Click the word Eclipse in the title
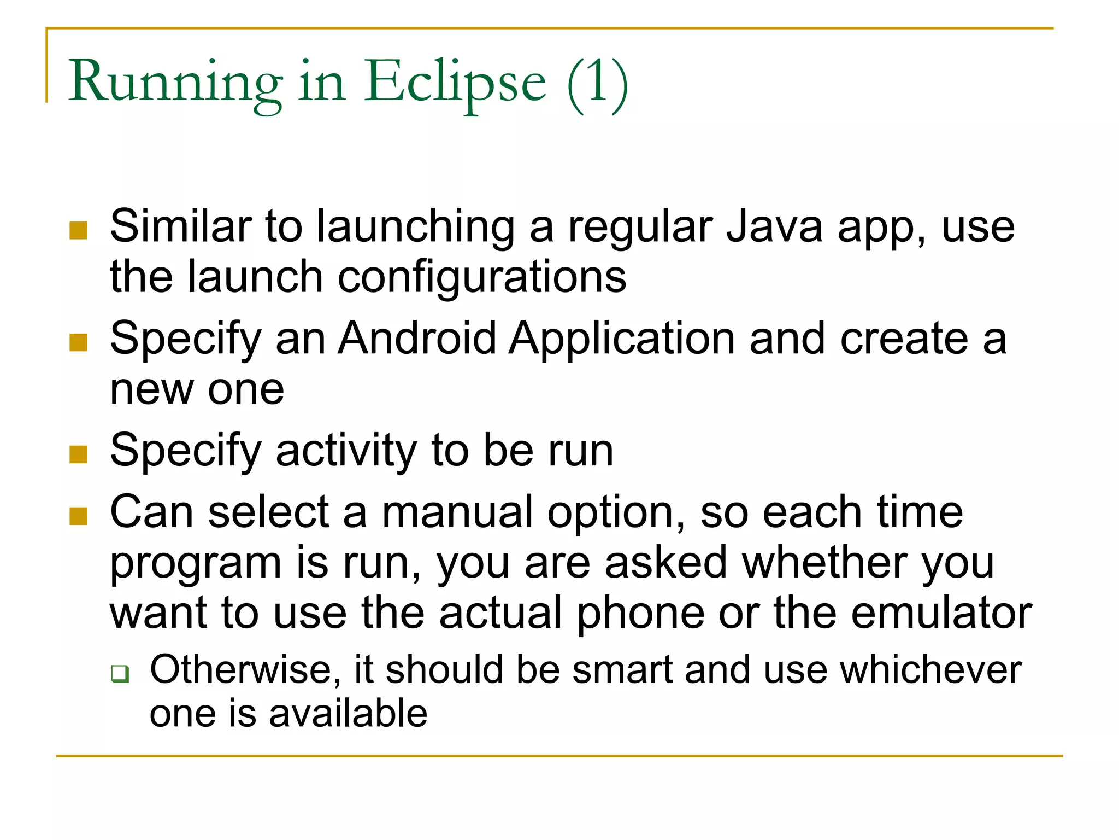pos(455,82)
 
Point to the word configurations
pos(482,277)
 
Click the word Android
pos(417,339)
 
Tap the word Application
pos(622,339)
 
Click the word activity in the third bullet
pos(346,451)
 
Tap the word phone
pos(641,613)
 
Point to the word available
pos(348,714)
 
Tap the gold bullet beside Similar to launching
pos(79,230)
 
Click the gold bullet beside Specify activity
pos(79,454)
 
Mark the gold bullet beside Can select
pos(79,516)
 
